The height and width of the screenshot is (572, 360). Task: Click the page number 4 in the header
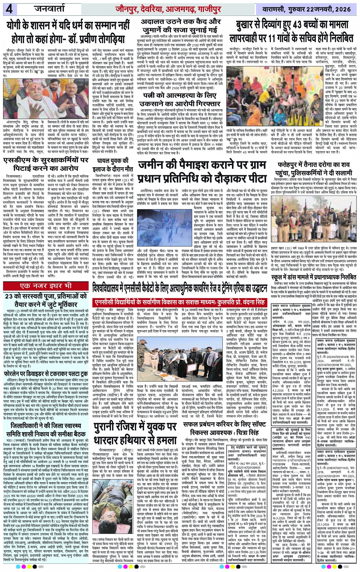coord(9,8)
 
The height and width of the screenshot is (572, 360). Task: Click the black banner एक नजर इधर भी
coord(46,286)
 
